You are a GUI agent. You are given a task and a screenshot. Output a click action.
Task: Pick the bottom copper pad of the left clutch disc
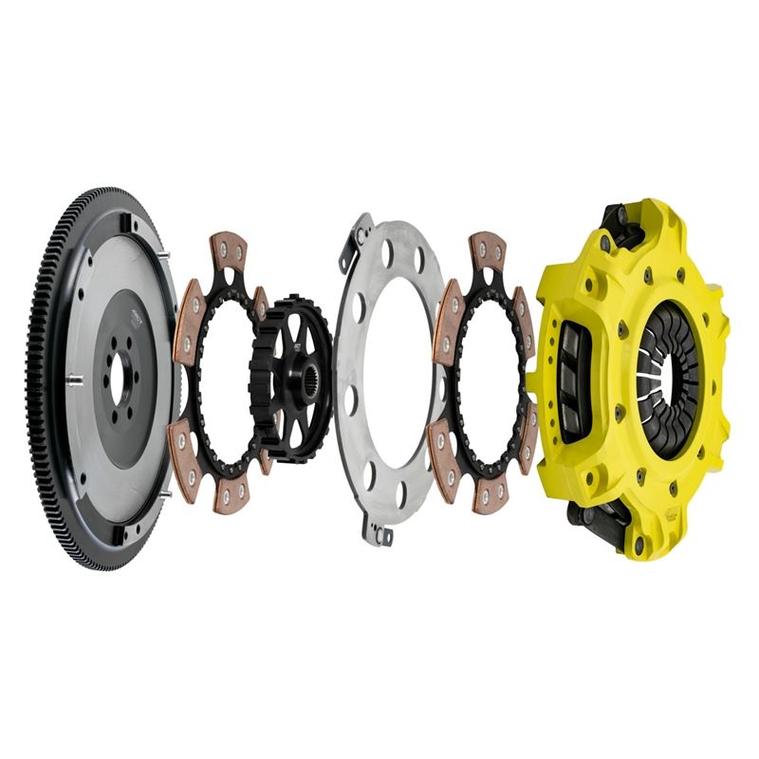click(x=231, y=492)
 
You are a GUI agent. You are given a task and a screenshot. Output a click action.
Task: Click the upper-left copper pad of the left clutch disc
click(x=188, y=307)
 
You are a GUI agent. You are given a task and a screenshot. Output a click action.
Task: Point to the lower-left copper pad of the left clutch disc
click(x=187, y=446)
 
